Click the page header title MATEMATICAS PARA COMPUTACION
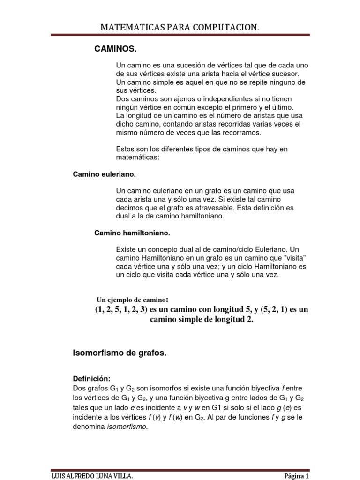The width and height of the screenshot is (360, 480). coord(180,28)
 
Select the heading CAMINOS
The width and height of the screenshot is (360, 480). coord(116,49)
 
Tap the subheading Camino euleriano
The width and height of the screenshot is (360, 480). coord(104,174)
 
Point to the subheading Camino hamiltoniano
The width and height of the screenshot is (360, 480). coord(132,232)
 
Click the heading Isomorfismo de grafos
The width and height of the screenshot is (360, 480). coord(120,353)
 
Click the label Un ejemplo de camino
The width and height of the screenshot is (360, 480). coord(132,300)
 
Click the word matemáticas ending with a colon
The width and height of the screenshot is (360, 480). coord(138,158)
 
